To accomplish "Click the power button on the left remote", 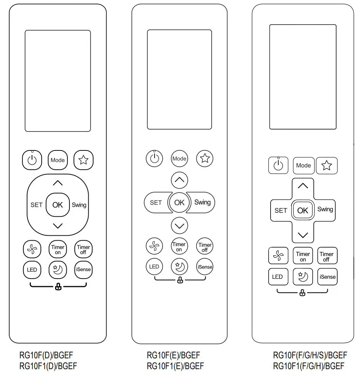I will (x=32, y=160).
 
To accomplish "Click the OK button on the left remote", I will (x=57, y=205).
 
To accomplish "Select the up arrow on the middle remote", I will (x=179, y=180).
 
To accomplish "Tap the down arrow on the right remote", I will (x=303, y=235).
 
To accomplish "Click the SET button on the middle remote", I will (x=156, y=202).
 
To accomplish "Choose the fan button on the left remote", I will (x=32, y=249).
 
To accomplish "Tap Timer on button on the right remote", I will (x=303, y=256).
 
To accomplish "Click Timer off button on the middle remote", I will (x=205, y=247).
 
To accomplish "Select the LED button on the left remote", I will (x=32, y=269).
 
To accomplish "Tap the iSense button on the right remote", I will (x=327, y=277).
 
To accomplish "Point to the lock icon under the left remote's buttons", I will (x=58, y=287).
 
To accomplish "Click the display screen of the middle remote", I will (x=179, y=79).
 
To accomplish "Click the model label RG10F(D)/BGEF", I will (x=45, y=355).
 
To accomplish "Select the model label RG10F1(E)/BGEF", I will (x=175, y=366).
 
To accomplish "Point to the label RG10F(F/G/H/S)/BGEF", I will (x=310, y=355).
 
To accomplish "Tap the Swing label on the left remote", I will (x=79, y=205).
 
